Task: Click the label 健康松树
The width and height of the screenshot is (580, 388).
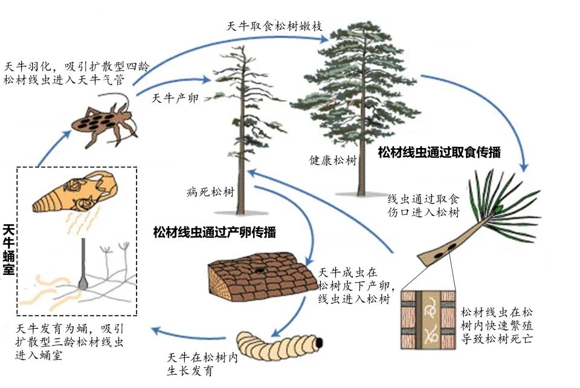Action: [333, 161]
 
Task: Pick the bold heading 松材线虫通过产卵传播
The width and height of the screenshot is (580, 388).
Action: [214, 232]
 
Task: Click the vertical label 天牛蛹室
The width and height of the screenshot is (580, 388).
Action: [8, 250]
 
